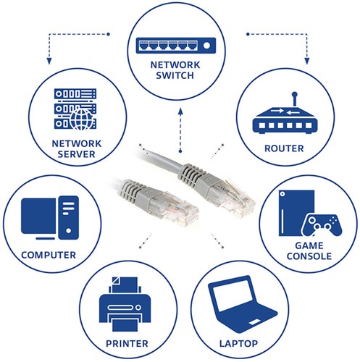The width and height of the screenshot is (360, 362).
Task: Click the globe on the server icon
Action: click(82, 116)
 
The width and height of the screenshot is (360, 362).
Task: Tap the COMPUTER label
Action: click(49, 256)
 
